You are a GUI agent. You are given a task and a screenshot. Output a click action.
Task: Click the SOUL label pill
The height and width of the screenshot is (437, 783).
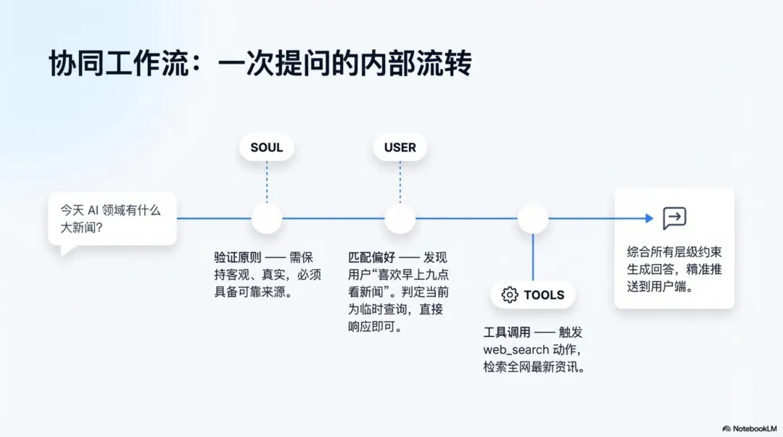[266, 148]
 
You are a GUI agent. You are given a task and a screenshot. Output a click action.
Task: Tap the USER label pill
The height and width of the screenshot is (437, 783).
[400, 148]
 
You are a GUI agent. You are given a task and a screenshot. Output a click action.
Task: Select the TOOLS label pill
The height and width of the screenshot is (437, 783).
[533, 295]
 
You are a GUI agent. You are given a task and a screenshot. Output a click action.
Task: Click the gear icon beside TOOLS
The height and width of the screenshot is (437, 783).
[510, 295]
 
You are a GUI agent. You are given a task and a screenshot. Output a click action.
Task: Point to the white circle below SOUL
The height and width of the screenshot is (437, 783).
[266, 218]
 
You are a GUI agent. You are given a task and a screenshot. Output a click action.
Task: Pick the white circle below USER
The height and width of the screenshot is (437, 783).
[400, 218]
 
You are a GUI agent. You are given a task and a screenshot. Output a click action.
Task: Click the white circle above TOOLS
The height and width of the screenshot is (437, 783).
[533, 218]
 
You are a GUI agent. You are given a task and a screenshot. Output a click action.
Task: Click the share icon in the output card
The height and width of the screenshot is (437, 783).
[674, 218]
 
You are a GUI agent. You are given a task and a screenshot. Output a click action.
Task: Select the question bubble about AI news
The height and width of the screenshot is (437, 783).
[112, 218]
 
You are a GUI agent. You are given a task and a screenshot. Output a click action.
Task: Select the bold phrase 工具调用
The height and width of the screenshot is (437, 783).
[507, 333]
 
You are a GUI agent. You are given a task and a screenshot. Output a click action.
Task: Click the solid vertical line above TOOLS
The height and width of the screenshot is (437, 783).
[533, 257]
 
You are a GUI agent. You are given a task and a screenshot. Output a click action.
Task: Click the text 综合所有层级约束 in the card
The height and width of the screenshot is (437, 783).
[674, 253]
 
